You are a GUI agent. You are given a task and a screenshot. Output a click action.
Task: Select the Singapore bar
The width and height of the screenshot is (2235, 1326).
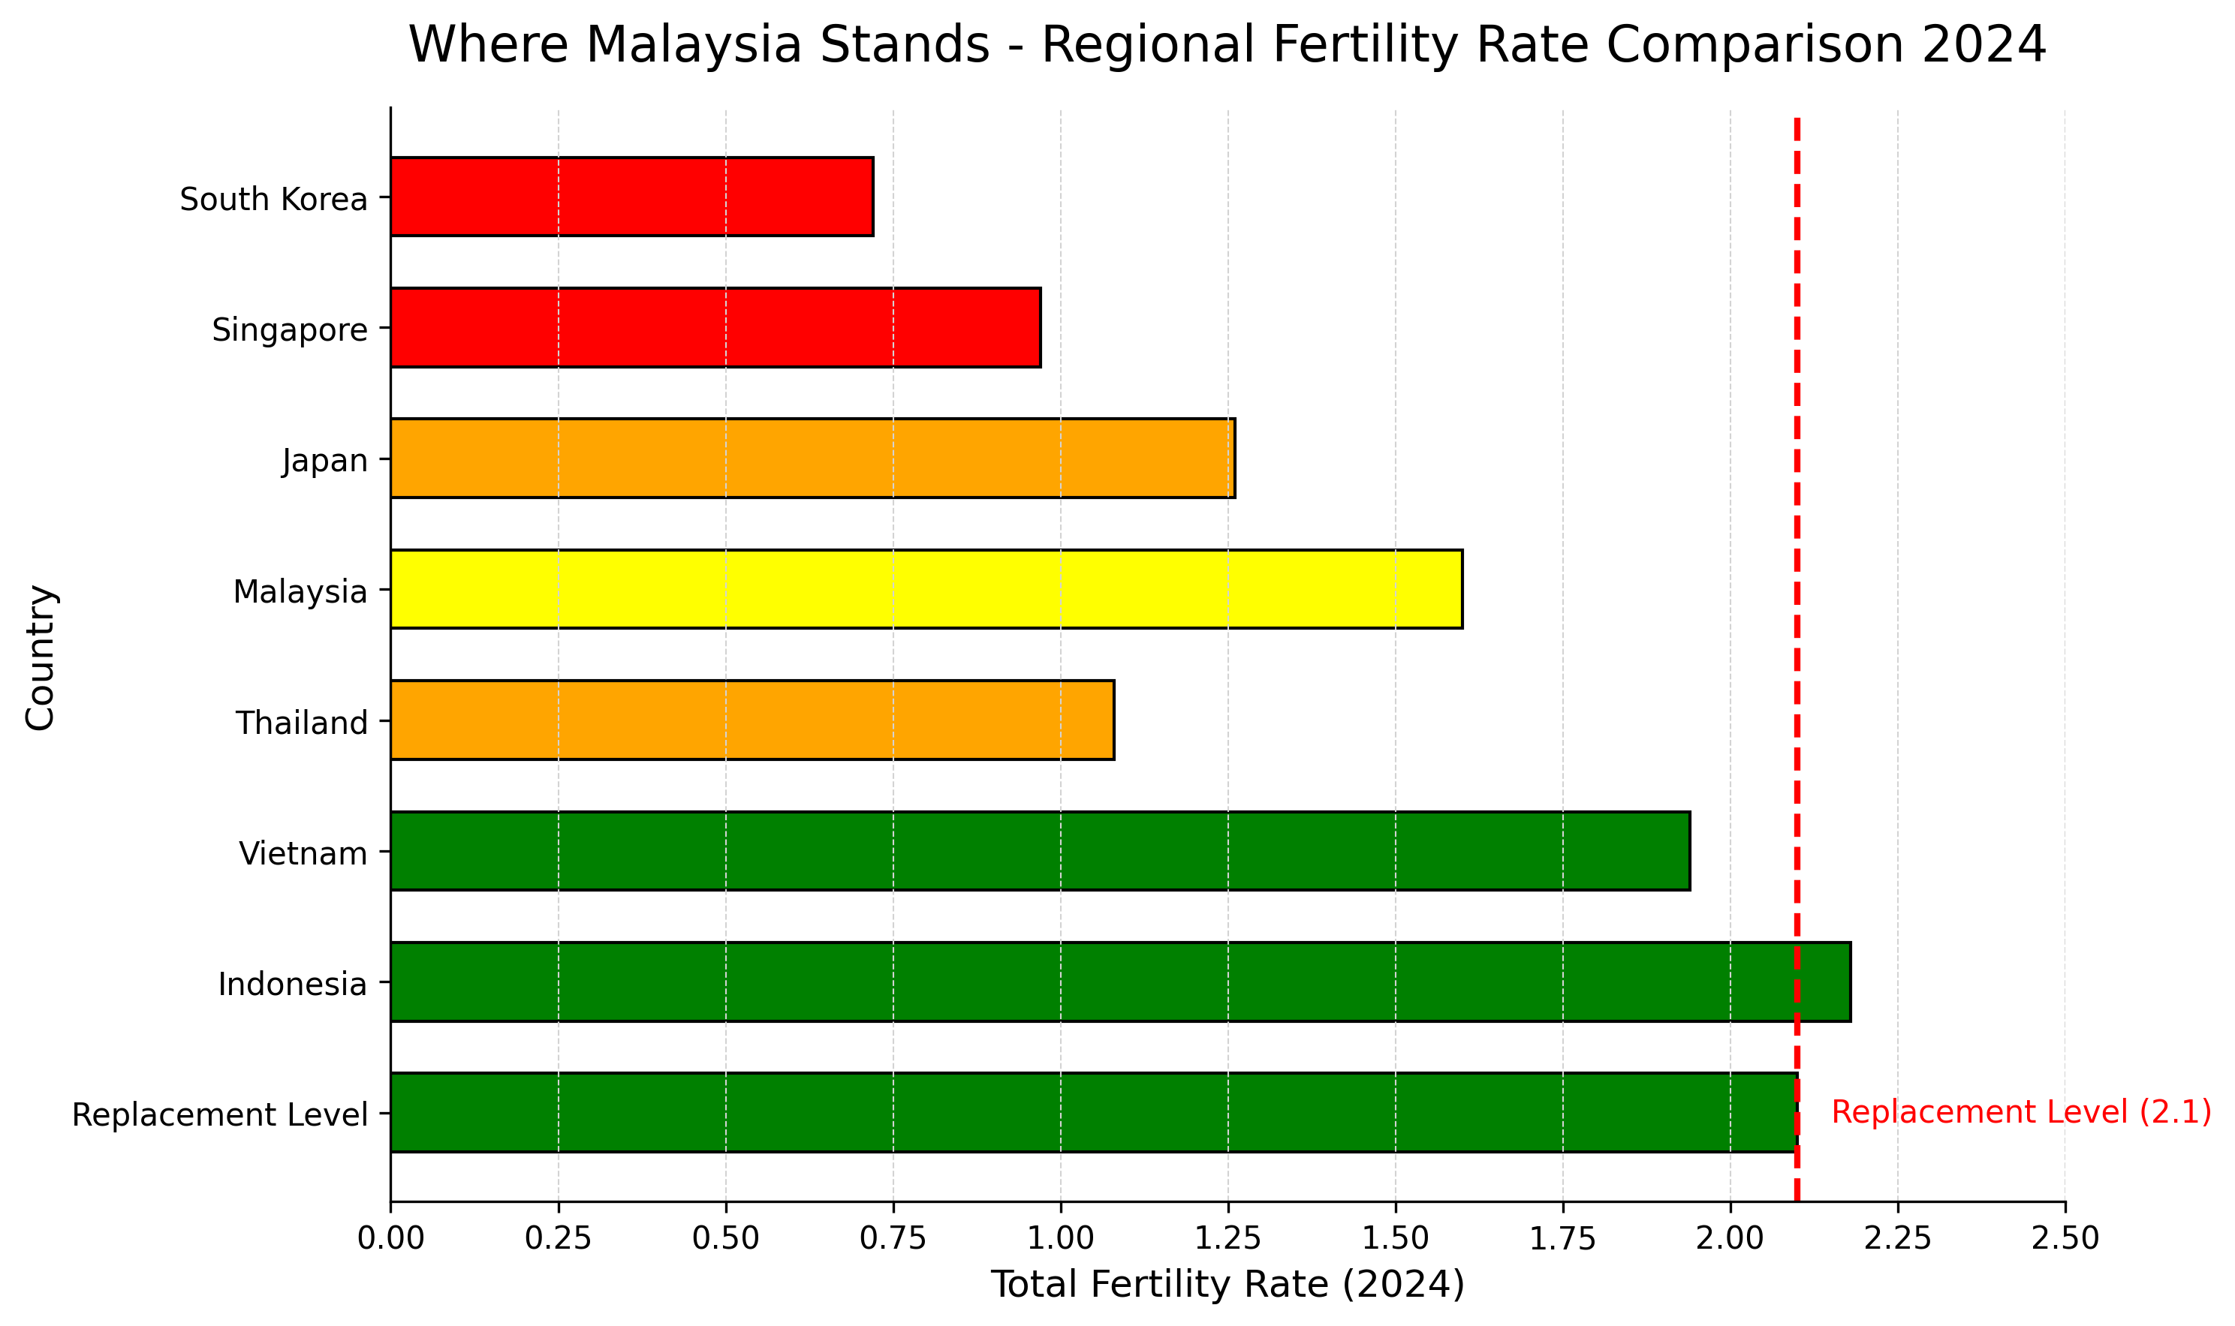pos(715,327)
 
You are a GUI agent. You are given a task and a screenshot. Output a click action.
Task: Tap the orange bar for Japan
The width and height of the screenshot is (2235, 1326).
pos(812,458)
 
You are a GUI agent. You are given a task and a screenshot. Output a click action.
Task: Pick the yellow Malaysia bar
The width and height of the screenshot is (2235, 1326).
pos(926,589)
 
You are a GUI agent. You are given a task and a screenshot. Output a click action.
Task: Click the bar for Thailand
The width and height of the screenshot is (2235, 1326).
pos(752,720)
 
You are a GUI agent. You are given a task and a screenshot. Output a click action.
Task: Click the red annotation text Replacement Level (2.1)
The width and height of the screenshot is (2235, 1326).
pos(2022,1112)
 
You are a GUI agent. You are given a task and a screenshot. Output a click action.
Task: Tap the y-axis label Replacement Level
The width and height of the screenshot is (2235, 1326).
pos(220,1115)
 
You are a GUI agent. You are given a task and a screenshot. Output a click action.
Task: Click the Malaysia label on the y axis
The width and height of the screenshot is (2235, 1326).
pos(300,591)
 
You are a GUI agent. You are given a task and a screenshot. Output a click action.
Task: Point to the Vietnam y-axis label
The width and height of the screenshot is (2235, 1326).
pos(303,854)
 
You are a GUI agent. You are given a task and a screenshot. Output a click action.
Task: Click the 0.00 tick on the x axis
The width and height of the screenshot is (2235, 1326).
pos(390,1238)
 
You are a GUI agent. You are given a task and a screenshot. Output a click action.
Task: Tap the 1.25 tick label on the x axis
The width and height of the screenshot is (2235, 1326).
pos(1228,1238)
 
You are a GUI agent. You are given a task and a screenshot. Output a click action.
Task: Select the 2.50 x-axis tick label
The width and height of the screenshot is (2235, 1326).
pos(2065,1238)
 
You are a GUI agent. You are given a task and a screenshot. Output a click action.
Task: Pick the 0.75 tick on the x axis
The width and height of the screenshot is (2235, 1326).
pos(893,1238)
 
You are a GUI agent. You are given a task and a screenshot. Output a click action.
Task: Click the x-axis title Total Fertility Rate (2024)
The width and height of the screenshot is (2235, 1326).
pos(1228,1285)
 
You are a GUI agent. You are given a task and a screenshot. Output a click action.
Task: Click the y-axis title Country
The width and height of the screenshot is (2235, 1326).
pos(41,657)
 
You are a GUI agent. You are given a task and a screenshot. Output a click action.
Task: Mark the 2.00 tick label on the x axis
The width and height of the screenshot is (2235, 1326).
pos(1730,1238)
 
